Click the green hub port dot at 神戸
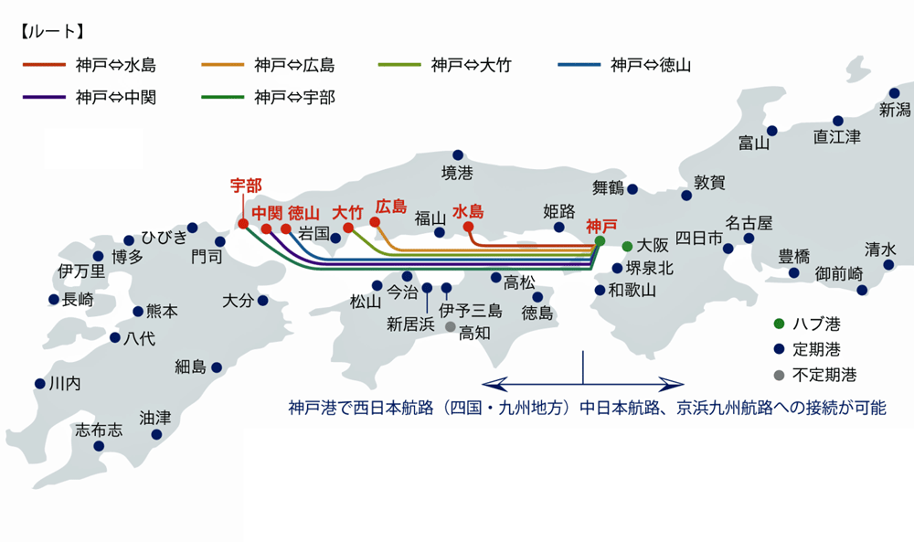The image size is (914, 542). tap(600, 240)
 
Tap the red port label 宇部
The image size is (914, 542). tap(245, 185)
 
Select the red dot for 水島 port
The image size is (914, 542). tap(468, 227)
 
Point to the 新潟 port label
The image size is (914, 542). tap(895, 111)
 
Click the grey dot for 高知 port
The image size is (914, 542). tap(450, 326)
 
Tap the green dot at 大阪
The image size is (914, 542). tap(627, 247)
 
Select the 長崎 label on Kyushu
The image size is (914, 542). tap(78, 299)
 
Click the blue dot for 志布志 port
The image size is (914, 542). tap(99, 446)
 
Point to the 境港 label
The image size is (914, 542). tap(458, 172)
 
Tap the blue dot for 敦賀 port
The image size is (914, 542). tap(686, 196)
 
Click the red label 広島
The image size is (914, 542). tap(391, 207)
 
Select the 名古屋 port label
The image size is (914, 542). tap(749, 222)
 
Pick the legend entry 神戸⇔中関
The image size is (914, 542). tap(116, 97)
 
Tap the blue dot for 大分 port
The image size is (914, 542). tap(262, 300)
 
